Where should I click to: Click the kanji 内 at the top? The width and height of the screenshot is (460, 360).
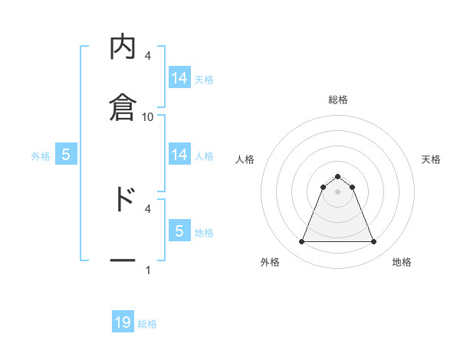click(123, 48)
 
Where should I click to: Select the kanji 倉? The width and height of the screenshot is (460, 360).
click(123, 106)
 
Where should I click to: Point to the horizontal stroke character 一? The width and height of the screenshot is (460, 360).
click(123, 260)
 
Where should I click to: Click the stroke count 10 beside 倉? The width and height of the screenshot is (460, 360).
click(148, 116)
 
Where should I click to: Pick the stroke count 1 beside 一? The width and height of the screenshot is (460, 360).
click(148, 270)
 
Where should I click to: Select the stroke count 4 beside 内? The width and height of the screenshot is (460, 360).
click(148, 55)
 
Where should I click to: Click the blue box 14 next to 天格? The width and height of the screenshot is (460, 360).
click(179, 78)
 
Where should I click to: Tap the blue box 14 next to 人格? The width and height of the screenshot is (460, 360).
click(179, 155)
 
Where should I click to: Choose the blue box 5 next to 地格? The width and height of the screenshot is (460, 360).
click(179, 231)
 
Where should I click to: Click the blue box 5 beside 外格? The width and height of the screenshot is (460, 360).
click(66, 155)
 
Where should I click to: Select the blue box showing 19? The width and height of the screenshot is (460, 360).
click(123, 322)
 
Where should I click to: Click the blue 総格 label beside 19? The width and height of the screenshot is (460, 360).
click(147, 324)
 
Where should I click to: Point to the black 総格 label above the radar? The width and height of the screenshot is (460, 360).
click(337, 100)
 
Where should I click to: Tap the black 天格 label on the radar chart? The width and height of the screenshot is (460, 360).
click(431, 159)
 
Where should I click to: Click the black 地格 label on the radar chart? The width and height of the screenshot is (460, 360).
click(402, 262)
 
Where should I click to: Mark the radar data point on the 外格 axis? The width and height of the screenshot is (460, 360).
click(301, 242)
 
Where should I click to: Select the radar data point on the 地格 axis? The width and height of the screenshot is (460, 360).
click(373, 242)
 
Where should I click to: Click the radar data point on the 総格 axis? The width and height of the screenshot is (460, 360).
click(337, 176)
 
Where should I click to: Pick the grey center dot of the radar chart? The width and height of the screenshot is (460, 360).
click(337, 191)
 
